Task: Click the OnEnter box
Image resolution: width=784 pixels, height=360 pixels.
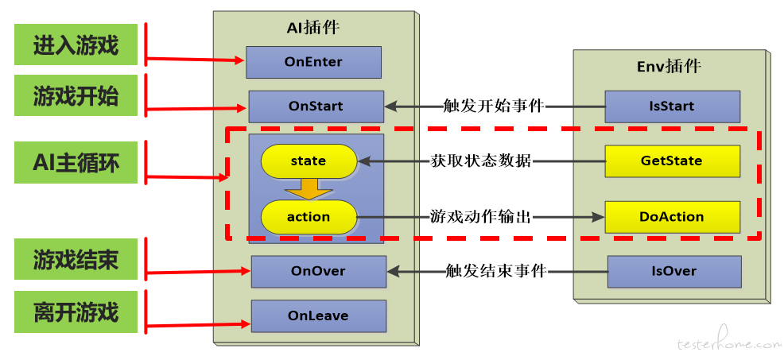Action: (x=313, y=62)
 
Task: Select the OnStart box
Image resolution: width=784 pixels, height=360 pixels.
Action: (x=316, y=106)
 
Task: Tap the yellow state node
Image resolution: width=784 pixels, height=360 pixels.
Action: (x=309, y=161)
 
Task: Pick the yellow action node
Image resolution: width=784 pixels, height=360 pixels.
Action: (x=309, y=217)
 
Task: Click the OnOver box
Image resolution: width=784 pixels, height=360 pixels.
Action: (x=319, y=272)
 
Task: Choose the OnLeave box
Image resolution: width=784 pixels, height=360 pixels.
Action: (x=319, y=316)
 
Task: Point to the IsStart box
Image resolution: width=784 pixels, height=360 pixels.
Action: (x=673, y=106)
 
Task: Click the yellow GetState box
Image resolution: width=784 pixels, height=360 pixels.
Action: (x=673, y=161)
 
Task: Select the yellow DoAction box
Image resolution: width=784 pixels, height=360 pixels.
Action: (x=673, y=217)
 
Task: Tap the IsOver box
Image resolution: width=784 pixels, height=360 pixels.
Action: (x=674, y=272)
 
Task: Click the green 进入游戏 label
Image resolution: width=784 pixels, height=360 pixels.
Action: (x=76, y=45)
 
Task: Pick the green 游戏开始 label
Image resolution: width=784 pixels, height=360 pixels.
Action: (x=76, y=95)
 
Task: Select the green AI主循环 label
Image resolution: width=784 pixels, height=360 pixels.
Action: (x=76, y=162)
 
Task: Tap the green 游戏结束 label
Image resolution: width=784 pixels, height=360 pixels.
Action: (x=76, y=260)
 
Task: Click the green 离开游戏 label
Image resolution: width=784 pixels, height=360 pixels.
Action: (x=76, y=312)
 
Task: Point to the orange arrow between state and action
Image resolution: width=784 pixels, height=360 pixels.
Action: (x=309, y=189)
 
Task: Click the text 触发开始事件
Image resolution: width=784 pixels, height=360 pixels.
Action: (x=495, y=106)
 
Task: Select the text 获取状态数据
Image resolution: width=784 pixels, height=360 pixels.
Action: (x=481, y=161)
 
